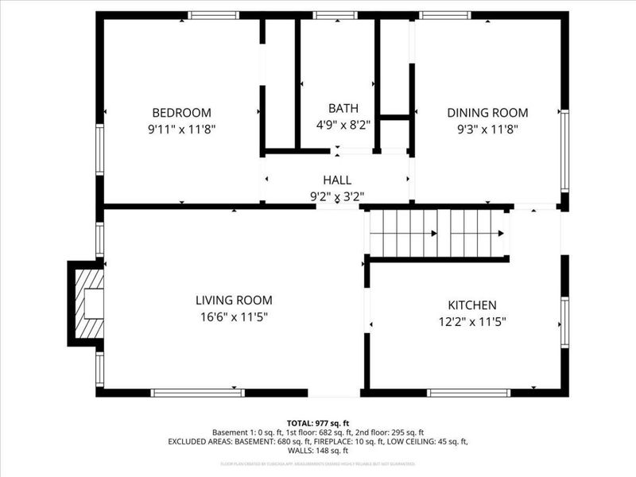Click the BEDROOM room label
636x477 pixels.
(182, 113)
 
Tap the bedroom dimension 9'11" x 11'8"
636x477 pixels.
(182, 128)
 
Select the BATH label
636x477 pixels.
(343, 108)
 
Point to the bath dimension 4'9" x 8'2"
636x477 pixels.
(343, 124)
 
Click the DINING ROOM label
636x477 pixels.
(487, 113)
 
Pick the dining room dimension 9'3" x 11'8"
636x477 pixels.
(487, 128)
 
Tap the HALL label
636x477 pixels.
(336, 180)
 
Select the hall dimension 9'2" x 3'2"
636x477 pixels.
(336, 196)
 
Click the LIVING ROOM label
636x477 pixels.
(234, 301)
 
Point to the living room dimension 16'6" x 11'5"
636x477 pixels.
(234, 316)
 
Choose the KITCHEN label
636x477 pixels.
(472, 305)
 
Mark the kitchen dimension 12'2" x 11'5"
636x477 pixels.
(472, 321)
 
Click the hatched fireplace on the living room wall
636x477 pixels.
(88, 304)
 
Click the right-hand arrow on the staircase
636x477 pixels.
(500, 234)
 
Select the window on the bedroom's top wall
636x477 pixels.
(213, 15)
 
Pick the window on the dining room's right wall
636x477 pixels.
(564, 151)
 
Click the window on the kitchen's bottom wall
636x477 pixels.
(468, 393)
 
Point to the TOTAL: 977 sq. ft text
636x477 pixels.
(317, 423)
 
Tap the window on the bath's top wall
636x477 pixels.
(335, 15)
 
